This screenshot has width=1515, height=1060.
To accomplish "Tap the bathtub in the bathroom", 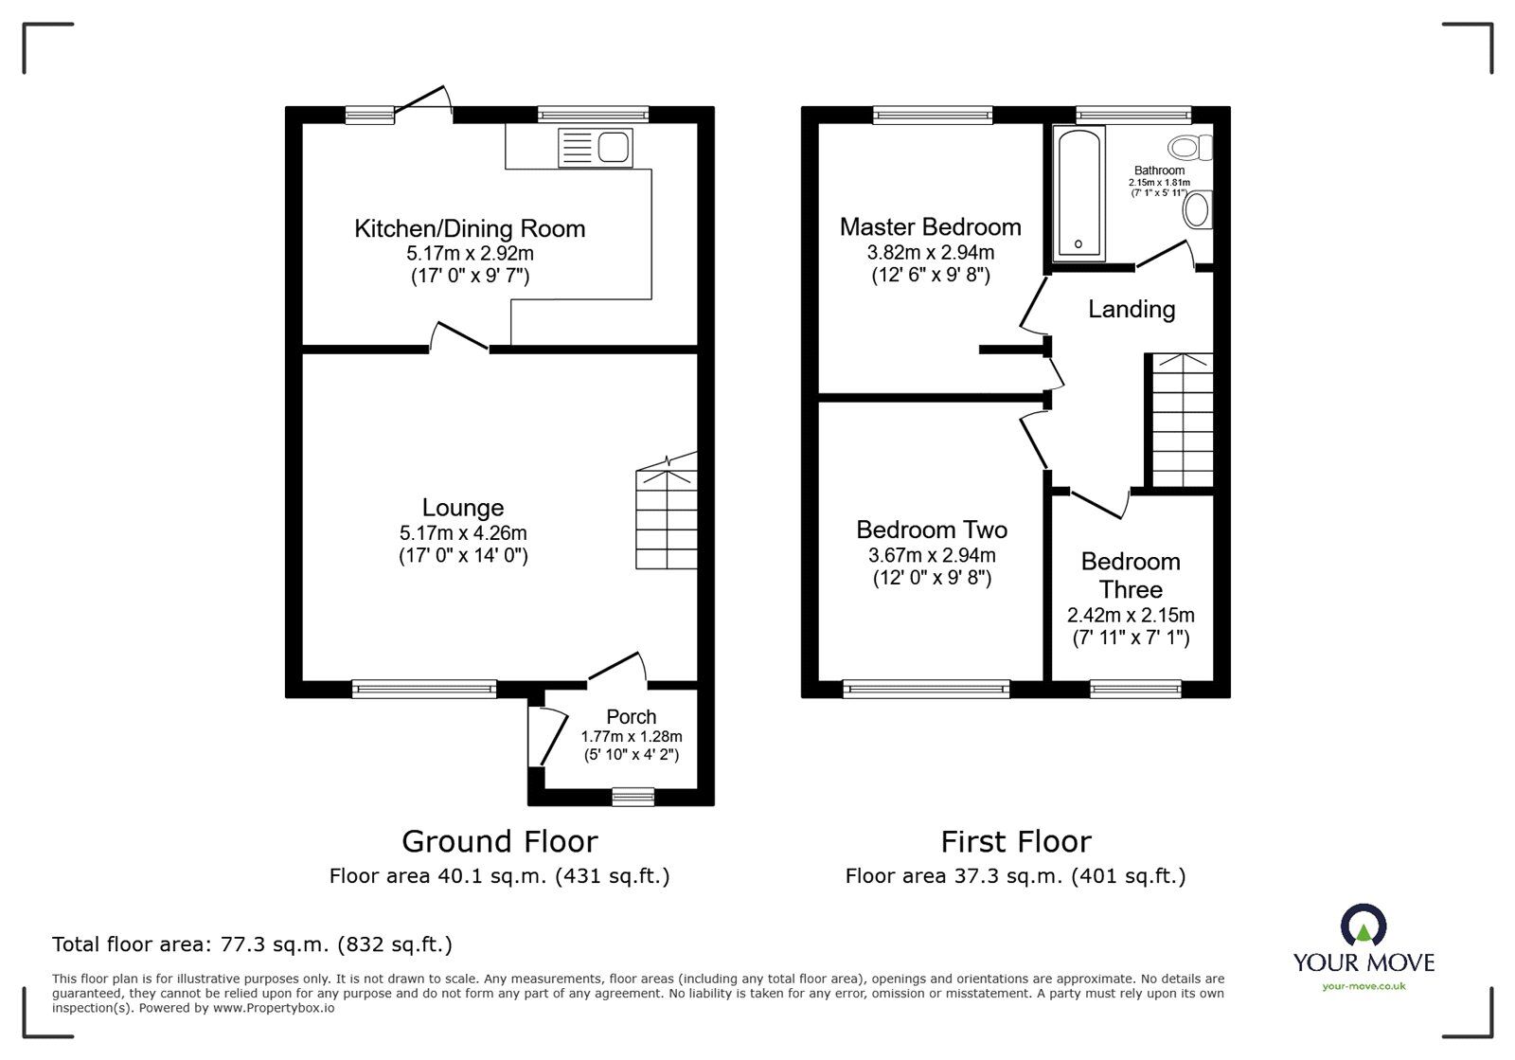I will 1079,193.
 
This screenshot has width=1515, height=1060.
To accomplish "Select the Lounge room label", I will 462,508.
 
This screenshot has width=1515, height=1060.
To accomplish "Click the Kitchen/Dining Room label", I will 470,228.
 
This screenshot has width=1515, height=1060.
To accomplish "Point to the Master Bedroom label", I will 930,227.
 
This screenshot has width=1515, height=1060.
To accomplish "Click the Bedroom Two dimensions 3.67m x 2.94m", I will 932,556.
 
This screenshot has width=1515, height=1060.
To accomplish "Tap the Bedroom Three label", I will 1131,575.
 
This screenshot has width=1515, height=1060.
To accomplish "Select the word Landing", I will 1132,309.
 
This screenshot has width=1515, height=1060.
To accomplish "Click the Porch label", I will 631,717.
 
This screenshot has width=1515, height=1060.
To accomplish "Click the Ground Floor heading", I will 499,841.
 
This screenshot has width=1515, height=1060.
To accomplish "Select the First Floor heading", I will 1015,841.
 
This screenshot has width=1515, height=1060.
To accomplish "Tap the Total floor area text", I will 252,944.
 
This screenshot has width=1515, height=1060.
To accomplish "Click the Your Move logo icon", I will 1363,925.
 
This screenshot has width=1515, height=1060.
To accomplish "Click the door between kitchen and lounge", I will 460,337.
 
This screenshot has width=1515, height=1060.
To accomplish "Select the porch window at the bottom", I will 633,798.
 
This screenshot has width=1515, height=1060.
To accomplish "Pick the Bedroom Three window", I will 1135,690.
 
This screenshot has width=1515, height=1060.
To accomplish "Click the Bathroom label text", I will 1159,171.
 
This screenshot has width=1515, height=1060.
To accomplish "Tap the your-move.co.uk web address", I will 1363,986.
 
